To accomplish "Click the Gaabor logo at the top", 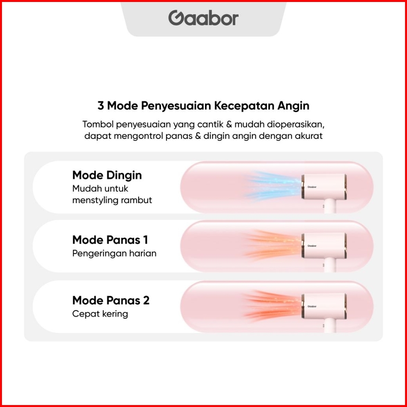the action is click(x=203, y=18).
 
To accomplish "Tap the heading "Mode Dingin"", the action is click(x=107, y=176).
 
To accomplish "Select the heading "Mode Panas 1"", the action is click(x=110, y=240).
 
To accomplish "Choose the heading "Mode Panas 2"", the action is click(x=111, y=300).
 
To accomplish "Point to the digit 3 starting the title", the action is click(x=100, y=105).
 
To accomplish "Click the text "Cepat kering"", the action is click(x=100, y=314).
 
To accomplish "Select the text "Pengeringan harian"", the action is click(x=114, y=253).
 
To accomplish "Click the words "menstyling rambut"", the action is click(x=112, y=200).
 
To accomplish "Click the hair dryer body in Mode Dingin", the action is click(x=324, y=187).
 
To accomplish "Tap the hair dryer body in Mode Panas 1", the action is click(x=324, y=246).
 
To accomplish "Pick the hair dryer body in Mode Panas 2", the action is click(x=324, y=306).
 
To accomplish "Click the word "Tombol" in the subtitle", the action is click(x=98, y=124).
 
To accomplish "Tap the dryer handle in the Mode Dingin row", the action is click(x=329, y=206).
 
